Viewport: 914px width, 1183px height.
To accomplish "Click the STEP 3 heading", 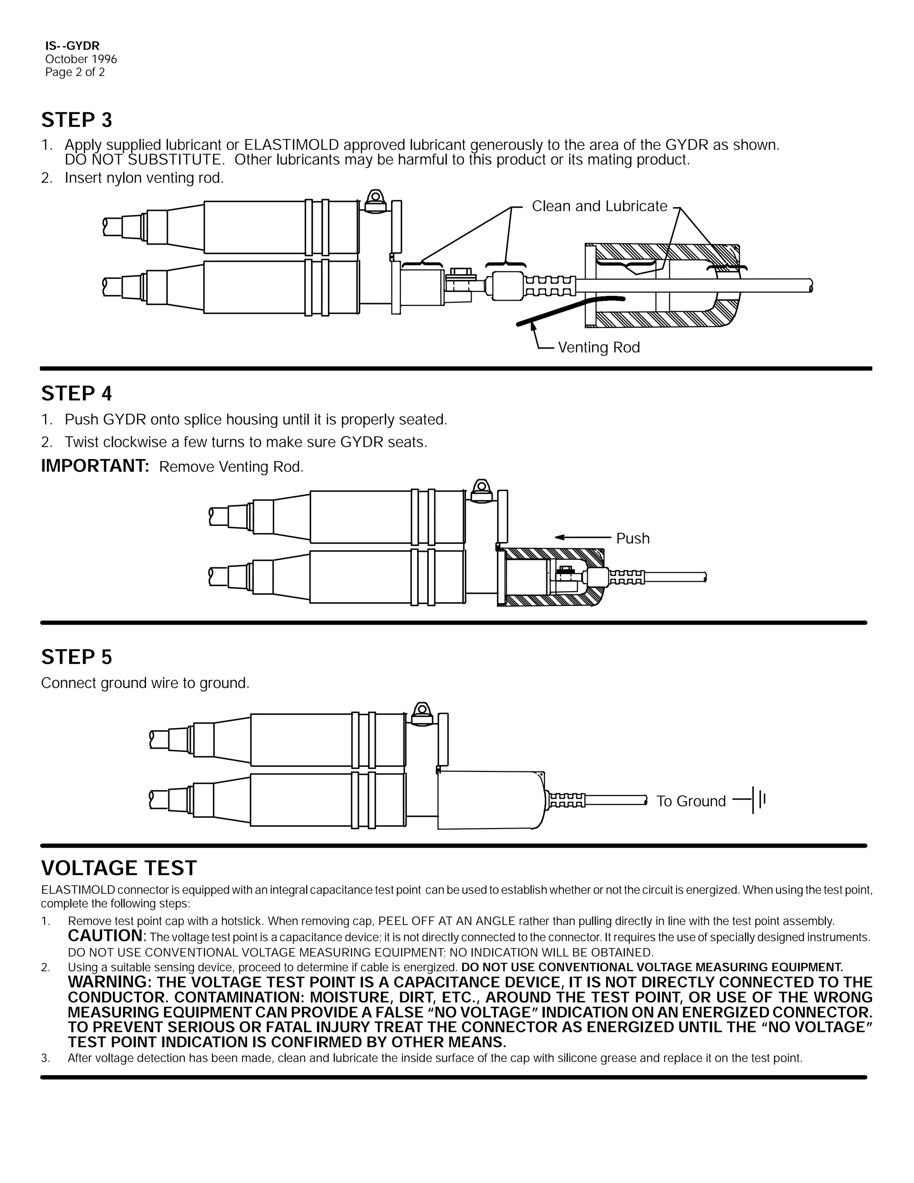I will [76, 120].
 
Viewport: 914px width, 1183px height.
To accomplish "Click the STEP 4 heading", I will [76, 394].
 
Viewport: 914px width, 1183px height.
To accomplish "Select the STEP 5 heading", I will [76, 657].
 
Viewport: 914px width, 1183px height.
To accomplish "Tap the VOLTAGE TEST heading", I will [119, 868].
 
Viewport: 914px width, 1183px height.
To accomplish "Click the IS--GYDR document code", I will [72, 46].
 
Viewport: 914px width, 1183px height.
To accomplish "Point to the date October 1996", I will [81, 59].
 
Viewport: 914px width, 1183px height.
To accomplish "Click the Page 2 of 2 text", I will [75, 72].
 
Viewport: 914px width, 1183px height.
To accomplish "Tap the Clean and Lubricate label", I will [599, 206].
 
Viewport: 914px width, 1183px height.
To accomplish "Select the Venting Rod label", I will [598, 347].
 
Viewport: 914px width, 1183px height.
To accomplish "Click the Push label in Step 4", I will [632, 538].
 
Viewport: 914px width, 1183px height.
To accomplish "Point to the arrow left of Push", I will [582, 537].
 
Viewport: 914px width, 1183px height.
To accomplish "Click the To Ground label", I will [690, 801].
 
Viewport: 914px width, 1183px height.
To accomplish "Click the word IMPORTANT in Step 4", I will [95, 466].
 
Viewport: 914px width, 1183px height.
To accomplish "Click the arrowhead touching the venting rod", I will [533, 325].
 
